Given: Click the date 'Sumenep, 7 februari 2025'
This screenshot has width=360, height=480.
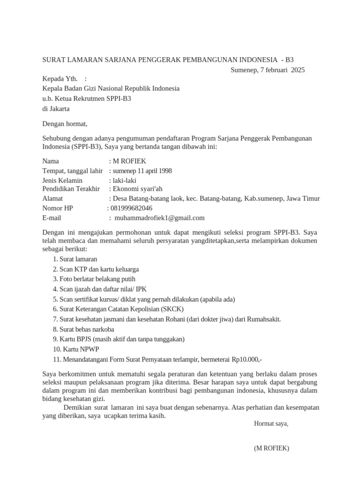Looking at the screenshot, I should [267, 70].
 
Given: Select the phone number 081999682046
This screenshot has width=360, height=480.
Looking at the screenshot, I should [131, 208].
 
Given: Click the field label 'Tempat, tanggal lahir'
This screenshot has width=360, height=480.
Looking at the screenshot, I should [72, 171].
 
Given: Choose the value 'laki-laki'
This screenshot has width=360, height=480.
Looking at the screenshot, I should [124, 180].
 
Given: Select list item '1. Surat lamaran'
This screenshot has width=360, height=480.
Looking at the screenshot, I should [75, 259].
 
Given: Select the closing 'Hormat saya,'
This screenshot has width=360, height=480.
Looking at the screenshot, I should [271, 423].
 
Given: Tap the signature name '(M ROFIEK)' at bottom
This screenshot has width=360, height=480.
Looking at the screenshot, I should [271, 448].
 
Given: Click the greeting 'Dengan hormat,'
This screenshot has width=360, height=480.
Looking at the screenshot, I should [65, 124].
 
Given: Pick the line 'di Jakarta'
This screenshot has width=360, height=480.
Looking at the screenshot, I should [56, 108].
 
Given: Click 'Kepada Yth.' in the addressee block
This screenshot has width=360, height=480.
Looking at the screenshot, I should [60, 78].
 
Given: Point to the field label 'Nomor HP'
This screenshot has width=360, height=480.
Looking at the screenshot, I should [58, 208].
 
